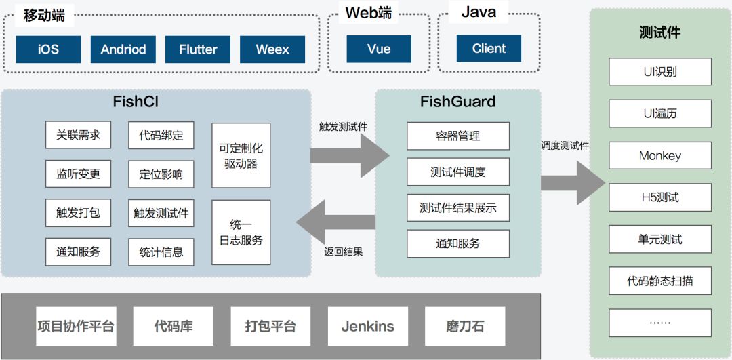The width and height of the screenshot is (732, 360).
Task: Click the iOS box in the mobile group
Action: click(48, 49)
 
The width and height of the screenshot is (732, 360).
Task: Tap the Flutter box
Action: click(198, 49)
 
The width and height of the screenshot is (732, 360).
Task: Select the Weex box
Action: click(272, 49)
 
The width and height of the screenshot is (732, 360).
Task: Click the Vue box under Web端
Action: click(379, 49)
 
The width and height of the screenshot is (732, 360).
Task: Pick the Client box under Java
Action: click(489, 49)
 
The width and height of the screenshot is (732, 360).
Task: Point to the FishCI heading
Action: click(136, 102)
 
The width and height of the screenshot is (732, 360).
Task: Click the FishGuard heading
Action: click(457, 102)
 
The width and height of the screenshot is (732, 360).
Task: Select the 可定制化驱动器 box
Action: click(241, 155)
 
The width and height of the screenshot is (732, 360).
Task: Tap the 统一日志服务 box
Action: click(241, 232)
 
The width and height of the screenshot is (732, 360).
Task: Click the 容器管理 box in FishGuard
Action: click(457, 136)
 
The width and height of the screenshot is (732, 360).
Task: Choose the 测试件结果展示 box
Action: click(457, 207)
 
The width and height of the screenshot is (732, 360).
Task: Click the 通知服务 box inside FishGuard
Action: click(457, 243)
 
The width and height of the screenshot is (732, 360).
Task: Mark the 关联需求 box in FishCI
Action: click(78, 135)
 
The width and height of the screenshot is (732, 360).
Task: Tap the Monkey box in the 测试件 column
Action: click(659, 156)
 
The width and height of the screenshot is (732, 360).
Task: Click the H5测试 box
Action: click(659, 197)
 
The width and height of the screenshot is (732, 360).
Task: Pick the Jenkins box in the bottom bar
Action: click(367, 326)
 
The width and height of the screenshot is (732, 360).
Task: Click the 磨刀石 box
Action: click(465, 326)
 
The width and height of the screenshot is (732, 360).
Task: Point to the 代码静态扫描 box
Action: click(659, 281)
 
